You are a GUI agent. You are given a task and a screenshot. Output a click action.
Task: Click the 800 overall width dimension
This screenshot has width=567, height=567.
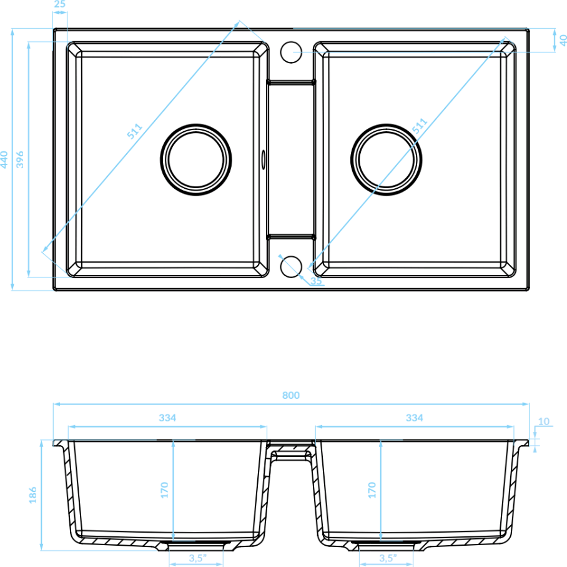point(291,395)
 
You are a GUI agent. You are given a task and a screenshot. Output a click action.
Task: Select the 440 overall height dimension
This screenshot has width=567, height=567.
point(4,159)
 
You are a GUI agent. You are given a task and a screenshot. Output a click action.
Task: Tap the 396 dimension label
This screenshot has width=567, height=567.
point(19,159)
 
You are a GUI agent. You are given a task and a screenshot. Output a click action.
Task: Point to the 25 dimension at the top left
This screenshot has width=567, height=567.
point(60,4)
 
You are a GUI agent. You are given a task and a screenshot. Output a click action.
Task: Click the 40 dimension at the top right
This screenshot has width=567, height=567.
point(563,40)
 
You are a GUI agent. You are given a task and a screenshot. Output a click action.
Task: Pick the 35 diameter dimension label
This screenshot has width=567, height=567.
point(316,281)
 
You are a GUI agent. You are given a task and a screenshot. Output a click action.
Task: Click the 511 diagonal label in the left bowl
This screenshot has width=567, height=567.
point(134,131)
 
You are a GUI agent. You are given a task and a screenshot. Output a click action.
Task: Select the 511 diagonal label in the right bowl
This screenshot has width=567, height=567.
point(420,126)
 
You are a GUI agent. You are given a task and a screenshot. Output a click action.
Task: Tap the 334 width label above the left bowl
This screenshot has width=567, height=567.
point(167,418)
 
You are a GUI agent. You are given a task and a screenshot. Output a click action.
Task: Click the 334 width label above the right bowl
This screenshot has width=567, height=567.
point(415,418)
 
